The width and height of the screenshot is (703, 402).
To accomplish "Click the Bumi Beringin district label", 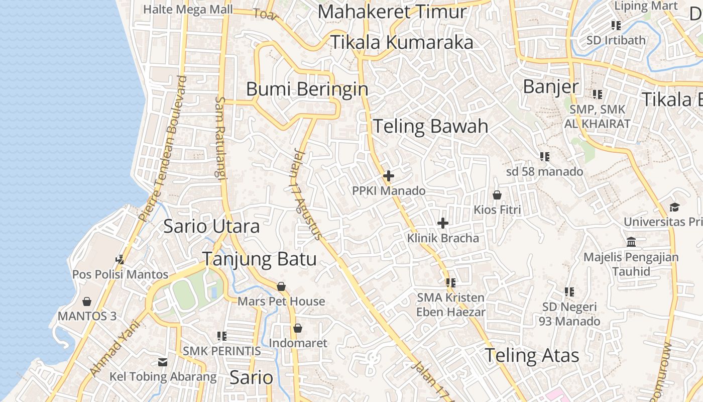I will tap(307, 89).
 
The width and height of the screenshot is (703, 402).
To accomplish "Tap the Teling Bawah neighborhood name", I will tap(430, 126).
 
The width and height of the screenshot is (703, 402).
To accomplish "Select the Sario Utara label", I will tap(211, 226).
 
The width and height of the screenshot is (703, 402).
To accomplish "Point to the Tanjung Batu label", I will tap(259, 259).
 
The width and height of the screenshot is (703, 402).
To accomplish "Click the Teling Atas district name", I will tap(531, 356).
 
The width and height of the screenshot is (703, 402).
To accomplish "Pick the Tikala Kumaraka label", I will tap(401, 43).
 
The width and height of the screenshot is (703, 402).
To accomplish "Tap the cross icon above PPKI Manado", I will tap(388, 176).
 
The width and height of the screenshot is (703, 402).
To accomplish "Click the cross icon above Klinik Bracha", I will tap(443, 223).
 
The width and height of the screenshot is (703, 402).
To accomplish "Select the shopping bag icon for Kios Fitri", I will tap(497, 194).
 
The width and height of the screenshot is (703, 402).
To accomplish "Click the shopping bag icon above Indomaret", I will tap(298, 328).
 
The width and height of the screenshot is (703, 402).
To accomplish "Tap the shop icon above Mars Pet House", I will tap(281, 286).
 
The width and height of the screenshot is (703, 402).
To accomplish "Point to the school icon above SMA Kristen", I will tap(450, 283).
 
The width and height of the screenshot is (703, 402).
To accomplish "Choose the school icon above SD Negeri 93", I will tap(569, 291).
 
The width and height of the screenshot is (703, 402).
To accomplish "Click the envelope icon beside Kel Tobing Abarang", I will tap(163, 362).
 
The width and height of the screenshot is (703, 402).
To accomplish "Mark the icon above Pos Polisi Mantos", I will tap(120, 259).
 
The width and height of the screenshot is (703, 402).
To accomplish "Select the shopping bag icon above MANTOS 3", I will tap(87, 301).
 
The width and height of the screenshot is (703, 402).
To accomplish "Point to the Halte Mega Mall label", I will tap(188, 9).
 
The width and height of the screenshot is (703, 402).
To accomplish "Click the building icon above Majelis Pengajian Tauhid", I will tap(631, 242).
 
